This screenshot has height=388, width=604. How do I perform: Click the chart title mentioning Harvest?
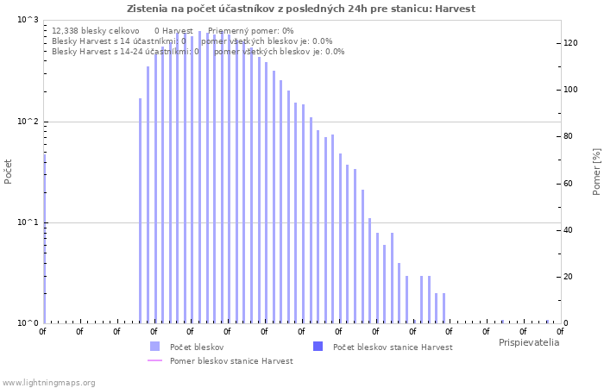click(x=301, y=9)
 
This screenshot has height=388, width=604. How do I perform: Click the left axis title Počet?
click(x=9, y=171)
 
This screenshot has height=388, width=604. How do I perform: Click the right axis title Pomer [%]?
click(x=596, y=171)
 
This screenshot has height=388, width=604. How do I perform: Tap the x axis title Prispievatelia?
click(x=528, y=342)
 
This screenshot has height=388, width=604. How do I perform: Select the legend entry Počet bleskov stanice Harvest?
click(x=392, y=347)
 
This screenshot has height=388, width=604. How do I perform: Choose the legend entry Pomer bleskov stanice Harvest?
click(x=231, y=360)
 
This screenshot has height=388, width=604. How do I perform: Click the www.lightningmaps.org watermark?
click(x=49, y=382)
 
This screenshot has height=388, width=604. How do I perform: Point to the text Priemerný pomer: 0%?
click(x=250, y=30)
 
